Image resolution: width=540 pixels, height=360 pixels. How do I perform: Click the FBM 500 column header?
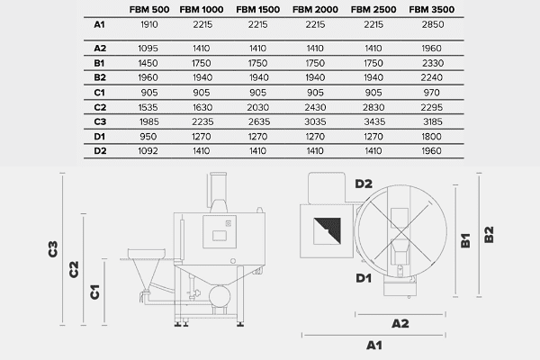(149, 9)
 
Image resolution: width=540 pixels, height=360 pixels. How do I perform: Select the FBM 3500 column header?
(431, 9)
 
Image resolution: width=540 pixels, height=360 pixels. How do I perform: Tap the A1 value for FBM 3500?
(433, 24)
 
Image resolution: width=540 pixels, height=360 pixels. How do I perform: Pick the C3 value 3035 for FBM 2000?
(315, 121)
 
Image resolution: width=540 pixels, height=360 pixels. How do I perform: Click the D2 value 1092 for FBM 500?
(148, 151)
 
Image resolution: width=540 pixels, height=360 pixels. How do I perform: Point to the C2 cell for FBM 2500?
(373, 107)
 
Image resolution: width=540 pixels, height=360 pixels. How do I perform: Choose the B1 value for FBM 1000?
(201, 63)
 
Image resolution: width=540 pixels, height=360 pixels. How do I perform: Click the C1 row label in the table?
(99, 93)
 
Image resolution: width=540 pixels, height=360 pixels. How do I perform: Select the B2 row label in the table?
(100, 77)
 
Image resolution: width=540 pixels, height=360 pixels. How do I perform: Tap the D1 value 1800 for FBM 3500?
(431, 137)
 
